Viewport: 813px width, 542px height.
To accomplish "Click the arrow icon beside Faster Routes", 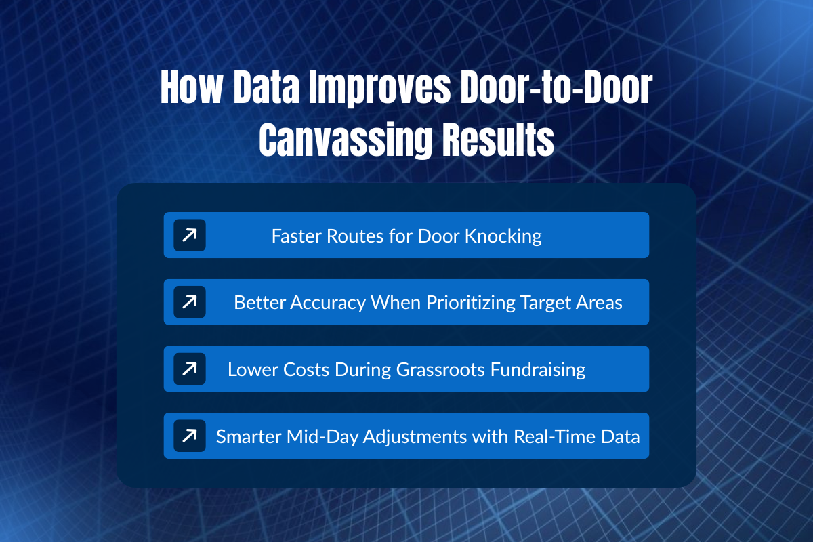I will pos(190,235).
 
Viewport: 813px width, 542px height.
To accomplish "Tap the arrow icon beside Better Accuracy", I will pos(190,301).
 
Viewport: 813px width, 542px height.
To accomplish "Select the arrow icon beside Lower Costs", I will pos(190,369).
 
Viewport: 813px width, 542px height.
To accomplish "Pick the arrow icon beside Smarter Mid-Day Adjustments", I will pos(190,436).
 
